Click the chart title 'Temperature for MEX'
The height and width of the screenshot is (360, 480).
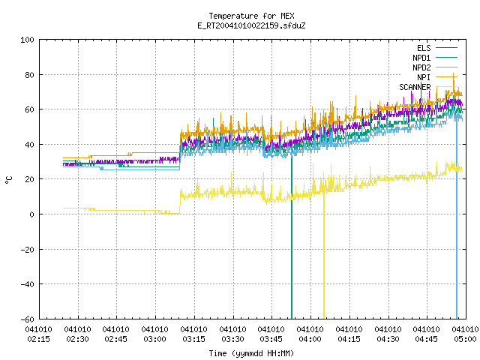[252, 16]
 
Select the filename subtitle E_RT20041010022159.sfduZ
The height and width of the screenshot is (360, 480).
[252, 25]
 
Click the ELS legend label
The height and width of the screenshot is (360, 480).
[424, 48]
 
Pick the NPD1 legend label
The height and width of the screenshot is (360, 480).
[421, 58]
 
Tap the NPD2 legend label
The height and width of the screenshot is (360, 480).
[421, 67]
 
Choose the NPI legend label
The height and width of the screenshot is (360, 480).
[424, 77]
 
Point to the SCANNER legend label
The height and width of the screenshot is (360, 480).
[415, 87]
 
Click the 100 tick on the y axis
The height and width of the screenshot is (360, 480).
[27, 40]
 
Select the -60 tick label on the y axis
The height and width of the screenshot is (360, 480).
[27, 319]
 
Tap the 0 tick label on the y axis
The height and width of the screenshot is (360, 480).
[31, 214]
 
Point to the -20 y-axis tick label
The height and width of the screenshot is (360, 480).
[27, 250]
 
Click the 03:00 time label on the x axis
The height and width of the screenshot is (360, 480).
[155, 339]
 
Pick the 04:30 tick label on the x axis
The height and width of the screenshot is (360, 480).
[388, 339]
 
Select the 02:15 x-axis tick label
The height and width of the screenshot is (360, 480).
[38, 339]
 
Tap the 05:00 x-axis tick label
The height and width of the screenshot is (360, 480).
[465, 339]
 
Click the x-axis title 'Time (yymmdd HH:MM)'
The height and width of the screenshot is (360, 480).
[251, 353]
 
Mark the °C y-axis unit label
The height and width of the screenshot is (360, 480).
[9, 180]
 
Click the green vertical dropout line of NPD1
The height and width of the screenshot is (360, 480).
[292, 237]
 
